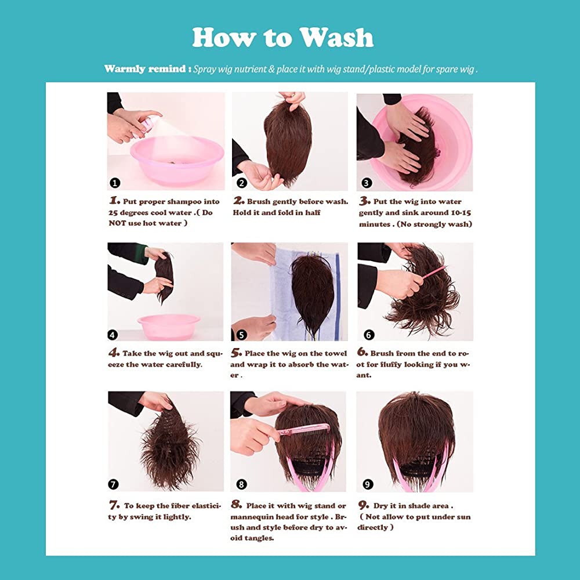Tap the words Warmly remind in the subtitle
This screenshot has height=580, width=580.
(144, 69)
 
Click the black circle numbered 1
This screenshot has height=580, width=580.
(115, 183)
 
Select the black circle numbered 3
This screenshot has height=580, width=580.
(366, 183)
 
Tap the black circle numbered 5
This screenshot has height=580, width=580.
(241, 335)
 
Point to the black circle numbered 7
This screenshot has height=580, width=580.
(113, 484)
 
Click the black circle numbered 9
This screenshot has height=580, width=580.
(367, 484)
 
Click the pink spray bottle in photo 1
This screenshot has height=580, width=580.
(147, 125)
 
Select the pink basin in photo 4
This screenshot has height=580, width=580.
(169, 327)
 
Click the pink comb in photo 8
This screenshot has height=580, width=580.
(303, 430)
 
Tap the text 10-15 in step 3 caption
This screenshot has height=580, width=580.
(461, 213)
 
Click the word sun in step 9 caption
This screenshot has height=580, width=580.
(464, 517)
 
